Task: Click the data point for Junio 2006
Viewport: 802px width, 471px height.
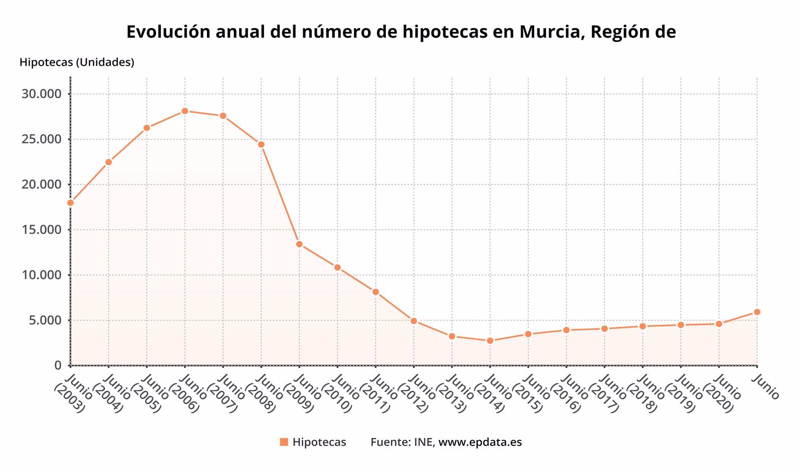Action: (185, 111)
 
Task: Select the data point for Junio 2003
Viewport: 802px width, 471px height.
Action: (71, 202)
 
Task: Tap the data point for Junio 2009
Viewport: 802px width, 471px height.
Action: (299, 244)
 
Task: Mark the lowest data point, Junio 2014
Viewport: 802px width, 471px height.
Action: (490, 341)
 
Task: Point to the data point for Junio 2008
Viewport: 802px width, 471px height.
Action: (261, 144)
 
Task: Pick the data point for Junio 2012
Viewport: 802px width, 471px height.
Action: (414, 321)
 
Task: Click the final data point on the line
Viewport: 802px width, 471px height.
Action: (757, 312)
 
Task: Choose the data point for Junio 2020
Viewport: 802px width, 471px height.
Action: (719, 324)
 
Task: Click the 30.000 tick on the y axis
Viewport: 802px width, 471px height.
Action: (41, 94)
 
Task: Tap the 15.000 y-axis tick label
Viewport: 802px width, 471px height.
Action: (41, 230)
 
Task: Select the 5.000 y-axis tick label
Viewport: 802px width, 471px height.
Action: (44, 320)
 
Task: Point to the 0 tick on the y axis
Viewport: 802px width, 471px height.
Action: (58, 365)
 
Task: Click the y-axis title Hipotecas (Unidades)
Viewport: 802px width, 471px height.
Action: (77, 62)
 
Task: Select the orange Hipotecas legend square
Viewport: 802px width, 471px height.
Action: (284, 442)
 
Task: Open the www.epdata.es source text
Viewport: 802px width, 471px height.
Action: (480, 442)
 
